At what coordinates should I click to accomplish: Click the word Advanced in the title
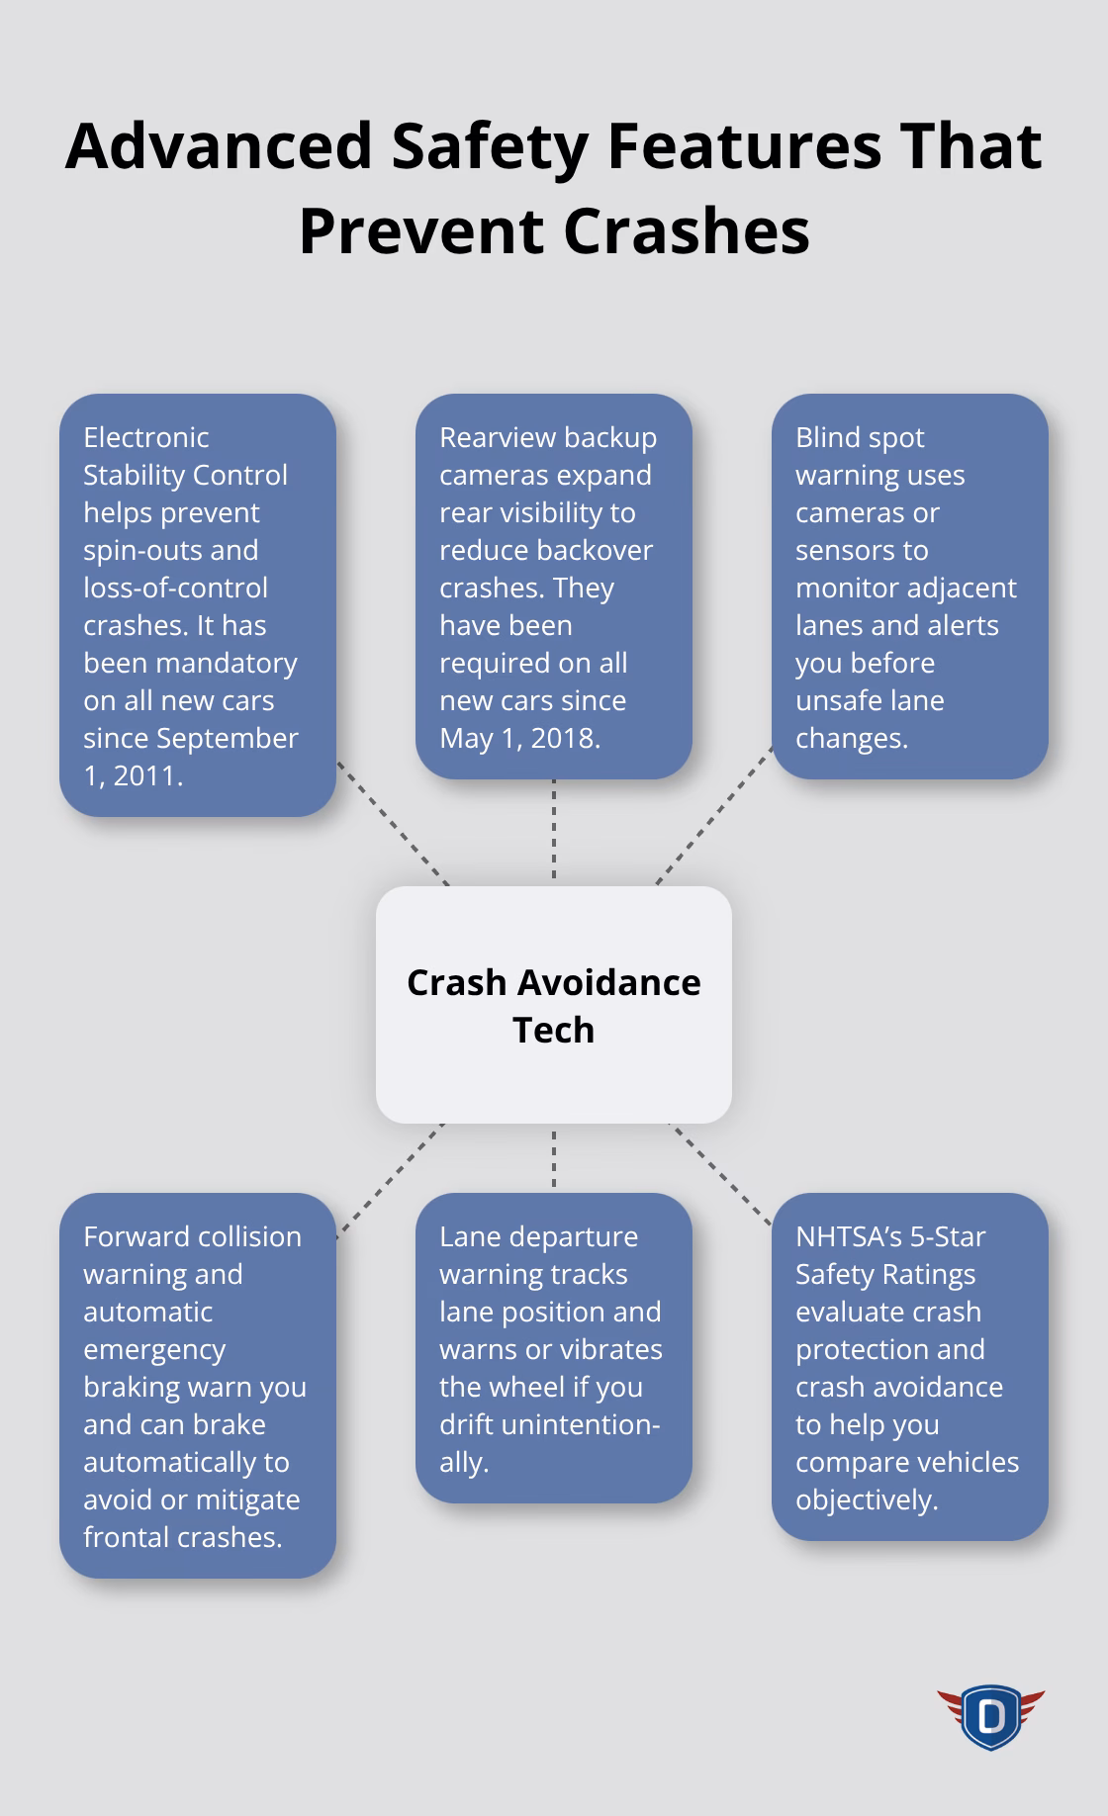219,146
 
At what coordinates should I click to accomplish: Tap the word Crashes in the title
688,231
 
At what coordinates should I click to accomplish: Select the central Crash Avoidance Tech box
554,1005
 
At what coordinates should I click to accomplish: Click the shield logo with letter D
990,1717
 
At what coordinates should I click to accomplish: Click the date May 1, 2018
519,738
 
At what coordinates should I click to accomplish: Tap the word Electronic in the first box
146,437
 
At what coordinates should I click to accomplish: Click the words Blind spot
860,438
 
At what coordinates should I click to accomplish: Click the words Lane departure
539,1237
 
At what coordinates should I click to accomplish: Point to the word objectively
867,1500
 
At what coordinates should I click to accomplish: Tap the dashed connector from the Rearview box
554,829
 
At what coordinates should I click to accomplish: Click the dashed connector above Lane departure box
554,1159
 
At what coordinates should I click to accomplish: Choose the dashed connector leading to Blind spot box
714,815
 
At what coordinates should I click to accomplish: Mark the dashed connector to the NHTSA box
721,1175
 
